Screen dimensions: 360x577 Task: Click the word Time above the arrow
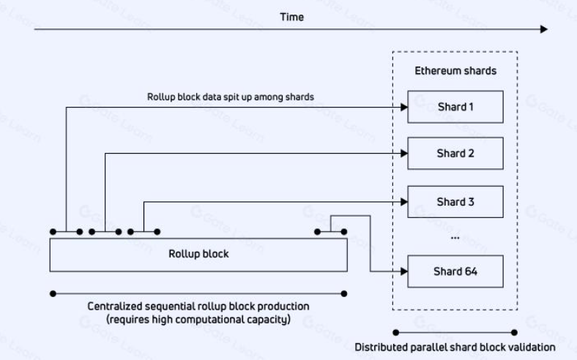click(291, 16)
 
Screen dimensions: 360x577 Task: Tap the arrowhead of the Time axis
click(543, 29)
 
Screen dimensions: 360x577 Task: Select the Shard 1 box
click(455, 107)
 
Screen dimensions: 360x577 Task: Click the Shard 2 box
click(455, 154)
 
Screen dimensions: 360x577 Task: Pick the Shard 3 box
click(455, 201)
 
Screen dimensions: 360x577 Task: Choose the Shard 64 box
click(455, 271)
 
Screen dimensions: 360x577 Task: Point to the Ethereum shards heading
click(455, 71)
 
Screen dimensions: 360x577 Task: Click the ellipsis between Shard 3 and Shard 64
click(455, 236)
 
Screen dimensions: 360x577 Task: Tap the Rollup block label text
click(198, 254)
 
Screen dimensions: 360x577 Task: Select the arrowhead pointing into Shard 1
click(403, 107)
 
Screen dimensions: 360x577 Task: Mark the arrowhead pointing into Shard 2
click(403, 154)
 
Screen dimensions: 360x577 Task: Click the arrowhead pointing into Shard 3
click(403, 201)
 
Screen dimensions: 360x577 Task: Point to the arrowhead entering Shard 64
click(403, 271)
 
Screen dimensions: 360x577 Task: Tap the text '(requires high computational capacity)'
click(198, 319)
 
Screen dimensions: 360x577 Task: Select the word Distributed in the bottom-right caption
click(380, 348)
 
